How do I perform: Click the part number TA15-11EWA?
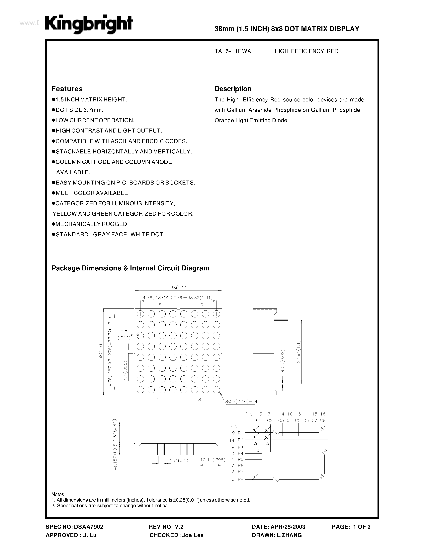(233, 51)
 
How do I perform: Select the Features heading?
(67, 89)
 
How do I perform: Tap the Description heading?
(233, 89)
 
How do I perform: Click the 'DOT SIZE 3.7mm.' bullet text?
(79, 110)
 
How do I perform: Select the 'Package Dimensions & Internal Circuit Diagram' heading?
(130, 268)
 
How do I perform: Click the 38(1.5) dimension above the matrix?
(178, 288)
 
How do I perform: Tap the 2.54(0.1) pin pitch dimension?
(178, 461)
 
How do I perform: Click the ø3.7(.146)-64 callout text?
(242, 402)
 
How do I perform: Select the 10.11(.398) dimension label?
(213, 460)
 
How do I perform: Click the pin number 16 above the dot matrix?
(158, 305)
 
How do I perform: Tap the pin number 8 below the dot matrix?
(200, 400)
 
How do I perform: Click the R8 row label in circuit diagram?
(240, 479)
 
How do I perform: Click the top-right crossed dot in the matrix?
(216, 314)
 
